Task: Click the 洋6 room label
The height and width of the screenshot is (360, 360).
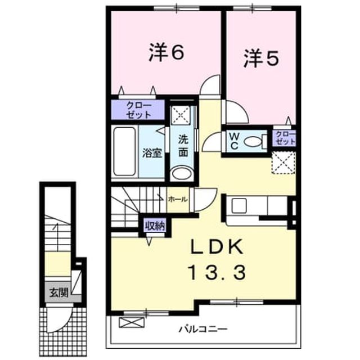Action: click(166, 53)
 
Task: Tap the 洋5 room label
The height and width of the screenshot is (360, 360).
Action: click(261, 58)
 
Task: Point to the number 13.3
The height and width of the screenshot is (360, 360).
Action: click(217, 272)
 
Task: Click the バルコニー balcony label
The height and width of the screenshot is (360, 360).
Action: click(203, 329)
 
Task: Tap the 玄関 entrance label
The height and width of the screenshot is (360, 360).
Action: click(59, 292)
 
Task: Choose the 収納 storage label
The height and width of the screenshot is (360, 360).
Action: click(155, 226)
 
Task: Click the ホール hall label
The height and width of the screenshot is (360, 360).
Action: click(178, 200)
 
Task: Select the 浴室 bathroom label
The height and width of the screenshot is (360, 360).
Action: click(152, 152)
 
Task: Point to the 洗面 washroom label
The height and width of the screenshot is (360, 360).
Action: click(183, 146)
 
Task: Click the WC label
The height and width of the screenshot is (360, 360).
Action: click(234, 141)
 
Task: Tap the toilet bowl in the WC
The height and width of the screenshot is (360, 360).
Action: click(253, 141)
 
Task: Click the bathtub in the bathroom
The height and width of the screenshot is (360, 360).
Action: click(124, 151)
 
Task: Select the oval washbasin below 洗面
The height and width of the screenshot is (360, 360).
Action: click(182, 173)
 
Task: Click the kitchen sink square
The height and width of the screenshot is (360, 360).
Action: click(238, 205)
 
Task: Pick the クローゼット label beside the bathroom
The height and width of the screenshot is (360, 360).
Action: click(139, 110)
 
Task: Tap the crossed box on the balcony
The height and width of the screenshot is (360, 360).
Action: click(132, 322)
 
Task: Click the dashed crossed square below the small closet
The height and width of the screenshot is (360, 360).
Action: click(283, 163)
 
